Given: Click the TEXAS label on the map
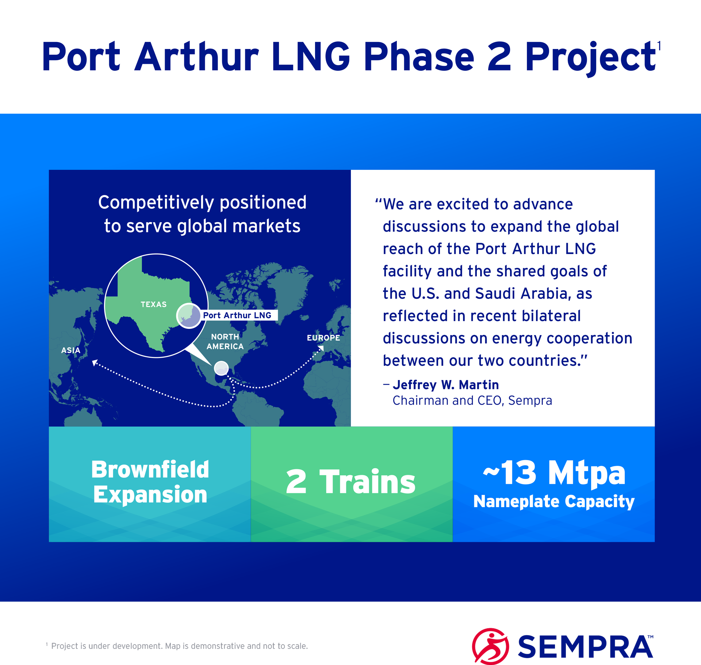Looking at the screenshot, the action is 154,304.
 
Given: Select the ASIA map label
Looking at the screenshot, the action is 71,350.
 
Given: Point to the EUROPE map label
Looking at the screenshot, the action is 323,338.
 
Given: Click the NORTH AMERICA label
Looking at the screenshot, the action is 225,342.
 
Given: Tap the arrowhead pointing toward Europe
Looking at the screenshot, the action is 321,348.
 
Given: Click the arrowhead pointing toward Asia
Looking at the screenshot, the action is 95,362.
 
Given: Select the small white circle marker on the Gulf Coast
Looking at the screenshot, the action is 221,368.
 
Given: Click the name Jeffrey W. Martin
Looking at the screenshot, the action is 446,385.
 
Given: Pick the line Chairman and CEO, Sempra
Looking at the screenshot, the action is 472,401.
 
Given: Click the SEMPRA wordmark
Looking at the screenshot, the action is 586,647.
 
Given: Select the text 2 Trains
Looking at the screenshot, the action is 351,482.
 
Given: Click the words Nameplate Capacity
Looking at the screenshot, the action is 554,501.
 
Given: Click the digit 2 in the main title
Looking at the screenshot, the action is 499,57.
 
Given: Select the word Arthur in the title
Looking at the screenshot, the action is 197,57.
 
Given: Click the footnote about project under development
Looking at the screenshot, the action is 177,646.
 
